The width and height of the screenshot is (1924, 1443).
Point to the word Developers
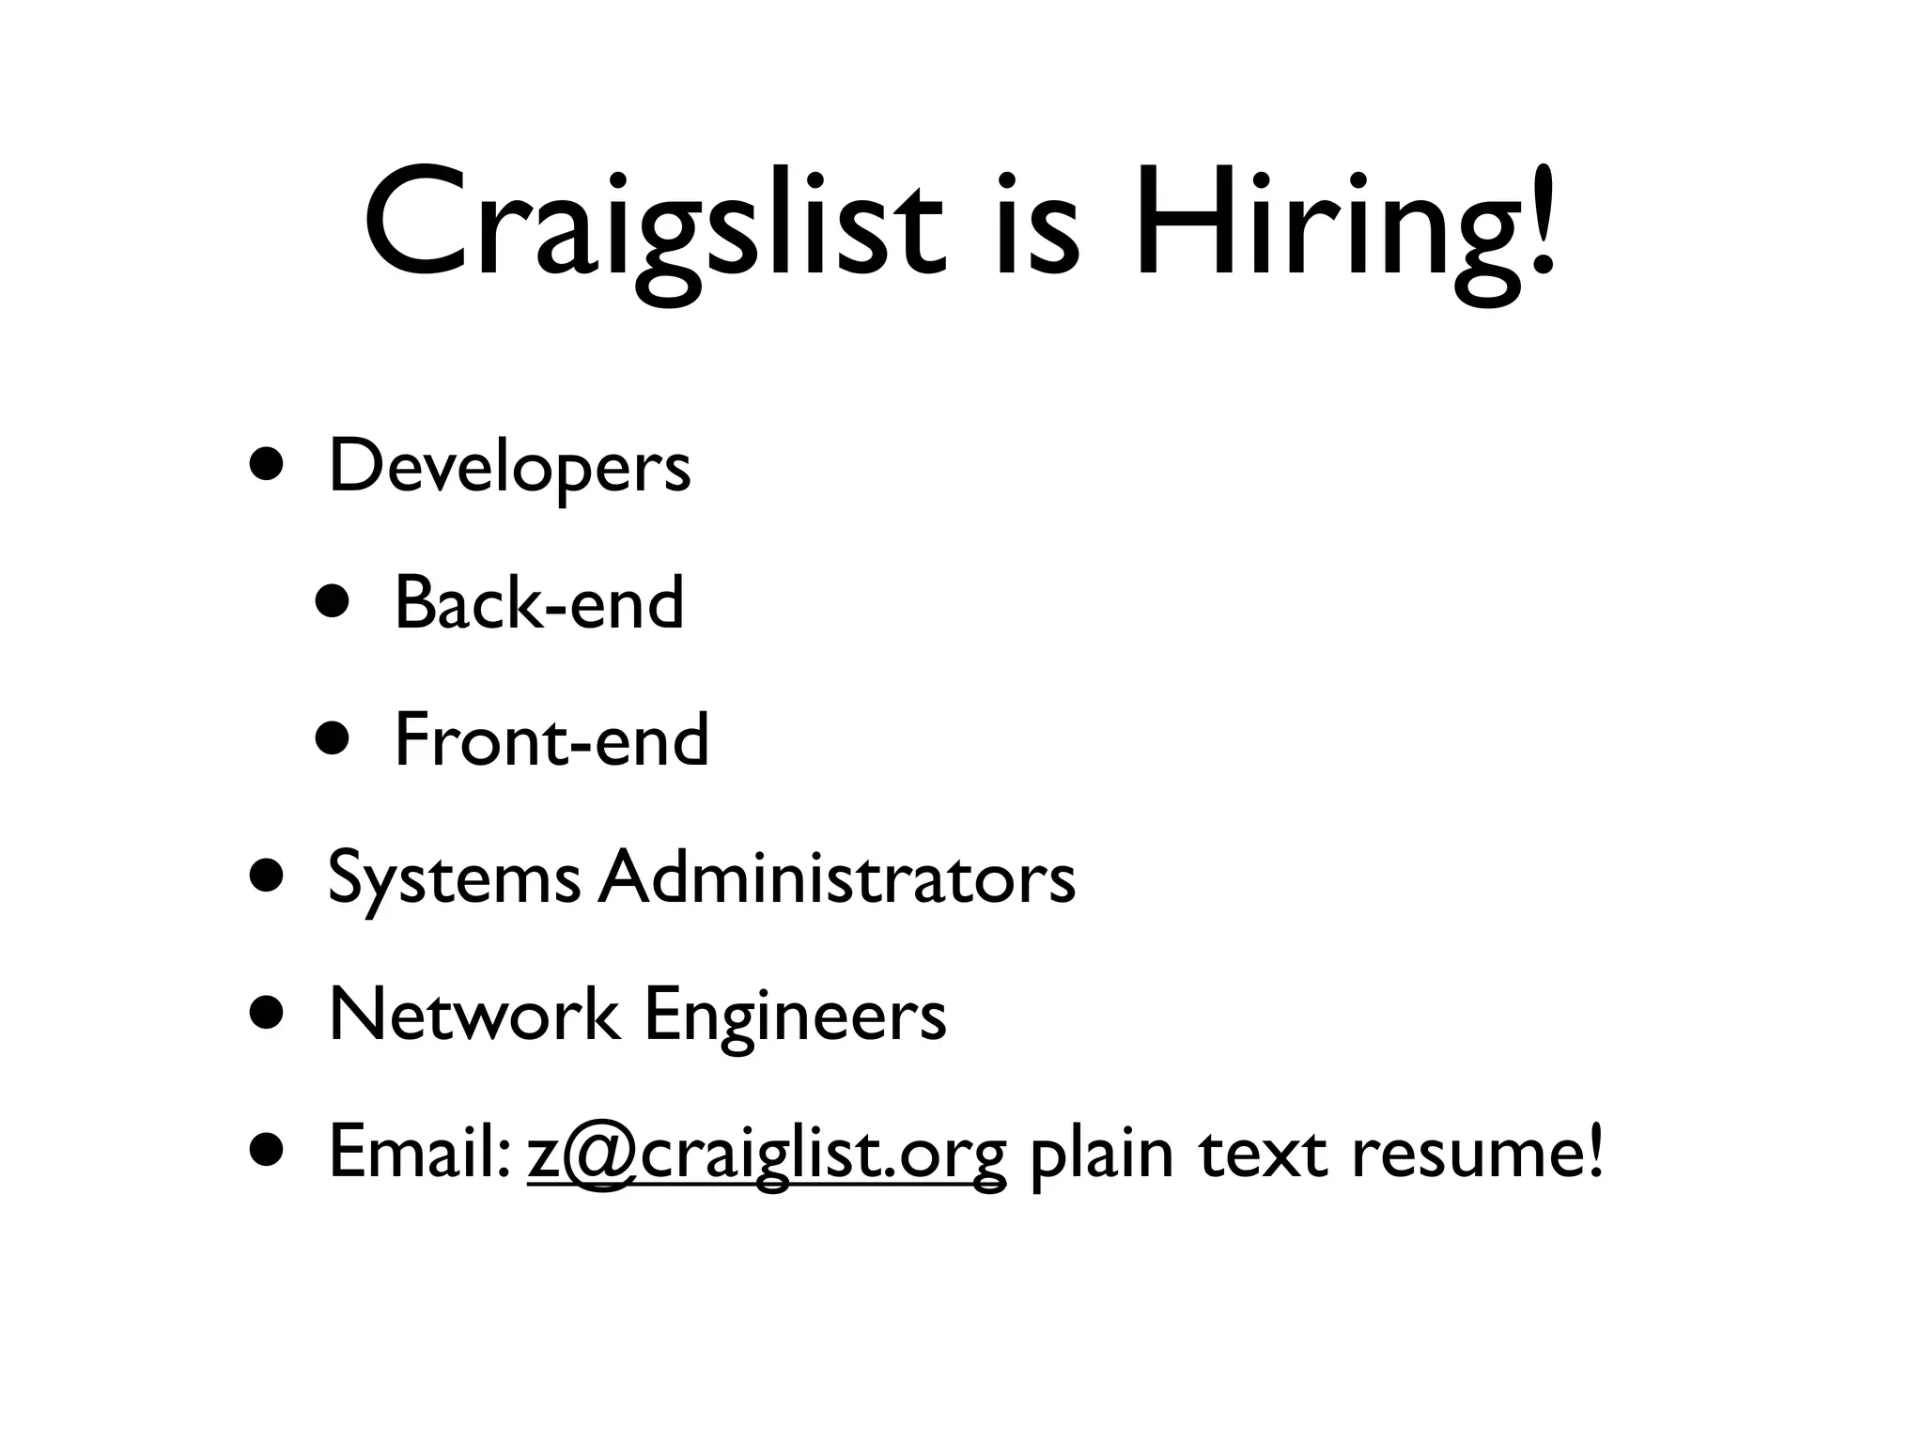[509, 467]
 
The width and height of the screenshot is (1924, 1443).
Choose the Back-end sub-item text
[538, 603]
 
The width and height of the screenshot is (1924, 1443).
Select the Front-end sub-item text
[551, 740]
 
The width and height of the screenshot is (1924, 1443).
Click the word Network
[474, 1015]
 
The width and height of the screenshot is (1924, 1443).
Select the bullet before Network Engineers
[268, 1013]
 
